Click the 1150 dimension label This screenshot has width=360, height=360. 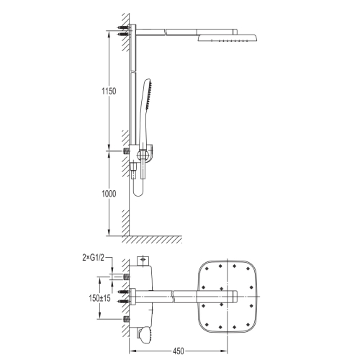[x=109, y=91]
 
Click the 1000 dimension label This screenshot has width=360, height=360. [x=109, y=194]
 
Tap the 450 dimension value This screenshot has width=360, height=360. [x=179, y=351]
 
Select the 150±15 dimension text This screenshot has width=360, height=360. [x=99, y=298]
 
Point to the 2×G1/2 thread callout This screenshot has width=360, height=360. [x=94, y=258]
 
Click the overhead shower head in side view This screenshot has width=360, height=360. [x=228, y=38]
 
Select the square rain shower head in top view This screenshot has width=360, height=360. [x=228, y=297]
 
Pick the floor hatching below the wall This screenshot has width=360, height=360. [x=152, y=240]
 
